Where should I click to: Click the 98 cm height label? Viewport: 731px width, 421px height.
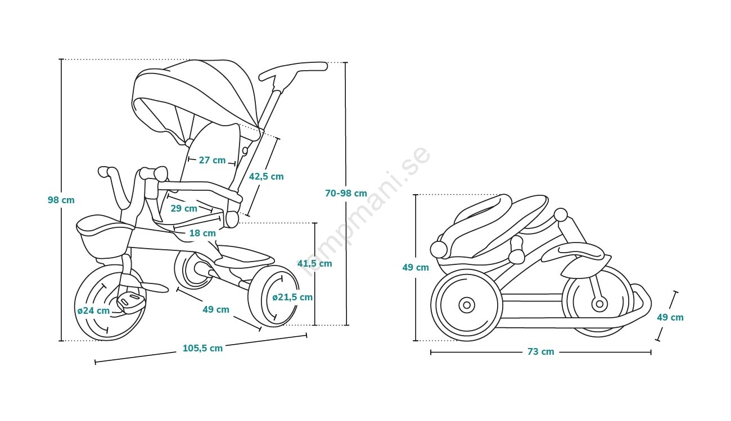pyautogui.click(x=61, y=200)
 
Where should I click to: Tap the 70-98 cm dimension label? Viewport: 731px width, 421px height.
pyautogui.click(x=346, y=193)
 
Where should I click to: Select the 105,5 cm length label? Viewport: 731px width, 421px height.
pyautogui.click(x=202, y=348)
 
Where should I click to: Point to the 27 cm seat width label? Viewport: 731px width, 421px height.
pyautogui.click(x=212, y=160)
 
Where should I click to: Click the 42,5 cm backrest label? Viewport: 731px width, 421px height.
pyautogui.click(x=266, y=176)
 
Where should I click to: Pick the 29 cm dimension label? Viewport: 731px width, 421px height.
pyautogui.click(x=183, y=208)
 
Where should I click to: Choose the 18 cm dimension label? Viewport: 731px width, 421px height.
pyautogui.click(x=202, y=233)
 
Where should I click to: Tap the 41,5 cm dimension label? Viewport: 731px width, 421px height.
pyautogui.click(x=314, y=263)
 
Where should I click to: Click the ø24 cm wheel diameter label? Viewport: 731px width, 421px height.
pyautogui.click(x=93, y=310)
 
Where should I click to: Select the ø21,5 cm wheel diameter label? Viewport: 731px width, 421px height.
pyautogui.click(x=292, y=297)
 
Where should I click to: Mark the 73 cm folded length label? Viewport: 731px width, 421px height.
pyautogui.click(x=540, y=352)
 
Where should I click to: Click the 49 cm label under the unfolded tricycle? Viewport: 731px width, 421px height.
pyautogui.click(x=216, y=309)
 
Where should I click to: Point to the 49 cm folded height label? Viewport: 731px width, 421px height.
pyautogui.click(x=416, y=268)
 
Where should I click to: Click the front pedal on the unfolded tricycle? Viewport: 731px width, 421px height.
pyautogui.click(x=131, y=301)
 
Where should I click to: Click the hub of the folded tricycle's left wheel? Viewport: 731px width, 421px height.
pyautogui.click(x=466, y=305)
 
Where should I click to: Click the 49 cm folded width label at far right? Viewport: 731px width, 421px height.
pyautogui.click(x=670, y=317)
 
